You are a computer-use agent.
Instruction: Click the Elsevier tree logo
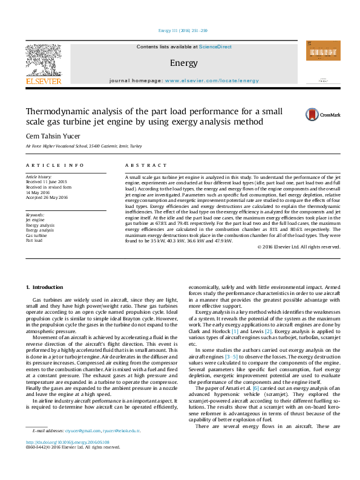click(x=43, y=61)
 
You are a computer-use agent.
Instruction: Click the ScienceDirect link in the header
click(x=215, y=47)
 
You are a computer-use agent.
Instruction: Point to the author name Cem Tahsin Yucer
click(x=53, y=135)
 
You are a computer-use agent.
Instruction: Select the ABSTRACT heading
click(x=146, y=165)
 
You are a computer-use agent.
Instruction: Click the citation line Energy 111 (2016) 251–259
click(x=182, y=30)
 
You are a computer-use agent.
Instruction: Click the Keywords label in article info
click(x=35, y=215)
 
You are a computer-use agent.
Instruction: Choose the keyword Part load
click(x=34, y=240)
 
